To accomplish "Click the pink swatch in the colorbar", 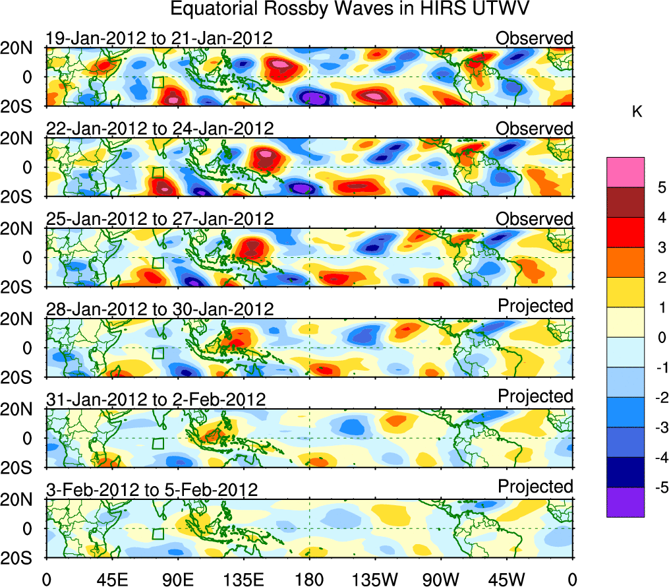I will (625, 172).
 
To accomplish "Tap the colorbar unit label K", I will (637, 113).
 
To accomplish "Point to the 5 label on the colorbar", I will (660, 188).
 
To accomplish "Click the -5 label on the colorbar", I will (658, 487).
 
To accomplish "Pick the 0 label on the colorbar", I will (660, 338).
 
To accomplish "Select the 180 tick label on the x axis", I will (309, 579).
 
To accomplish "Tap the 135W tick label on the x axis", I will (374, 579).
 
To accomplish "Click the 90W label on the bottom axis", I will (440, 579).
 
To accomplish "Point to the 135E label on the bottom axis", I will (243, 579).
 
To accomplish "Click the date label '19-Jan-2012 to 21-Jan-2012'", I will (159, 38).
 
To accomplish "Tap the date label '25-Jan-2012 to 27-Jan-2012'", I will (159, 219).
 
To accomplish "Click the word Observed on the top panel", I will (535, 38).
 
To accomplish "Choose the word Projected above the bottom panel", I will (535, 487).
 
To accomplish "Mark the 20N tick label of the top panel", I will (22, 48).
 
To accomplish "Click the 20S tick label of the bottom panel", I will (22, 558).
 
